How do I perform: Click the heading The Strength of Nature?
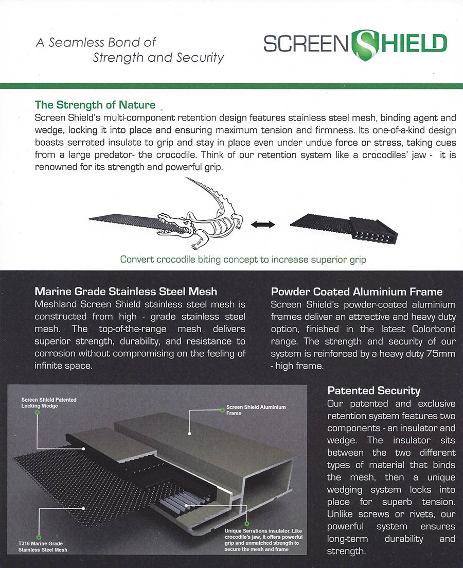95,105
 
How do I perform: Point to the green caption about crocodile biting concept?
243,260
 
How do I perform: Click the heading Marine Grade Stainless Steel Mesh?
126,292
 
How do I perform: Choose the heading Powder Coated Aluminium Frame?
357,292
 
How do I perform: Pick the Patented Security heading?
373,390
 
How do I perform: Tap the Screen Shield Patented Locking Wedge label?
49,403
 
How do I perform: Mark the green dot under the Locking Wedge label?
38,414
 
